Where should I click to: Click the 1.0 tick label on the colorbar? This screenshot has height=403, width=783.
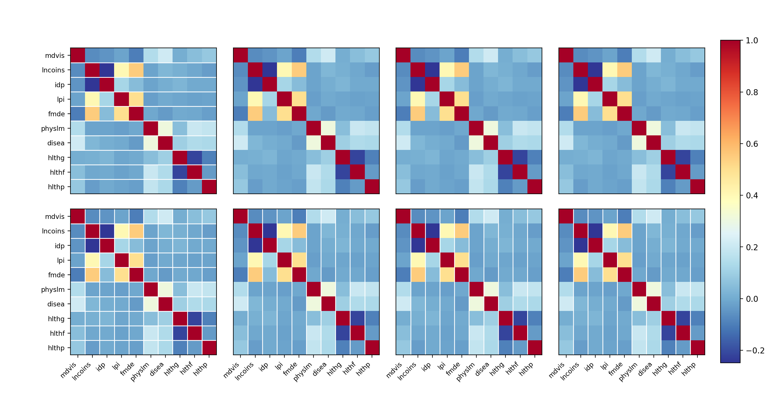pos(752,40)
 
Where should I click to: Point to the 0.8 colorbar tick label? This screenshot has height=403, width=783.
pos(752,92)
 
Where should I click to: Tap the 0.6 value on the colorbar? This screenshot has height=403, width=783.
pos(752,144)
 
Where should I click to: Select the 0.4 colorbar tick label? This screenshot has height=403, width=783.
pos(752,196)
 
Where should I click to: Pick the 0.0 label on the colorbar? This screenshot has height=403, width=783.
pos(752,299)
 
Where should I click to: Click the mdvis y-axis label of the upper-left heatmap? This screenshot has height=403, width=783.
pos(55,56)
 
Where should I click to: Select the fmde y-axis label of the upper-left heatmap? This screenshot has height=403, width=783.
pos(56,114)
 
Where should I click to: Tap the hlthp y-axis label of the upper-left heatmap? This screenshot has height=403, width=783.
pos(56,187)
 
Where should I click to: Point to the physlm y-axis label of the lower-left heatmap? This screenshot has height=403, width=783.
pos(53,289)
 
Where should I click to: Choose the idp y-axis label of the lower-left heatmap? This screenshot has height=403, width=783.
pos(60,246)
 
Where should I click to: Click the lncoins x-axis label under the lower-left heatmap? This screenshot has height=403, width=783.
pos(82,371)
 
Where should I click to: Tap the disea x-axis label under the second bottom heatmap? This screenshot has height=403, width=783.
pos(320,369)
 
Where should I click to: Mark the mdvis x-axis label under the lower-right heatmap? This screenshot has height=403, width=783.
pos(557,370)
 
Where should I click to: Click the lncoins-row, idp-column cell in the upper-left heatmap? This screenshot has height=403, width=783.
pos(107,70)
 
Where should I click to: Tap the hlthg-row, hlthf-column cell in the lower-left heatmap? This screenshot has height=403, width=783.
pos(195,319)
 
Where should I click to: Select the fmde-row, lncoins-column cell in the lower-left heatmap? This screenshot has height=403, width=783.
pos(92,275)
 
